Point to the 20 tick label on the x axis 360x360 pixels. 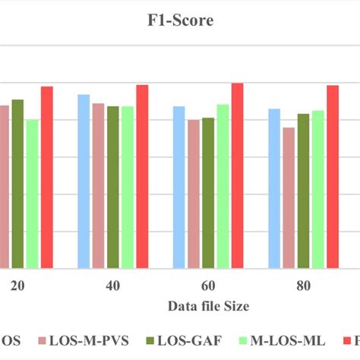point(17,286)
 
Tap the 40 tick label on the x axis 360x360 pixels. point(112,286)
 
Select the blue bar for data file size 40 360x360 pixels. point(84,182)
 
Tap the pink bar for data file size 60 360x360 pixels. point(193,194)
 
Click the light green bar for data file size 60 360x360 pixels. point(223,186)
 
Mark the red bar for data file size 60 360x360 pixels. point(237,175)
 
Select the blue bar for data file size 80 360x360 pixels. point(274,188)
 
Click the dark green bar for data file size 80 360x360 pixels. point(303,191)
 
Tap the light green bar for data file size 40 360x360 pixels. point(127,187)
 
